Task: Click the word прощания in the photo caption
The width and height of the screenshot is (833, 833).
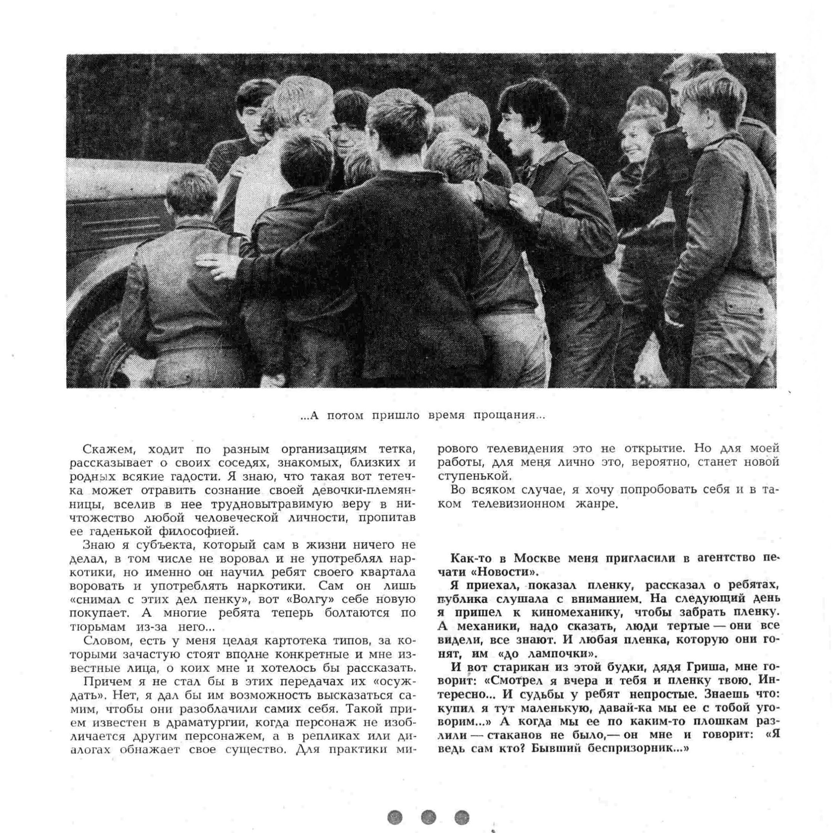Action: coord(509,416)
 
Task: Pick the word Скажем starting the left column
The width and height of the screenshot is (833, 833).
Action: coord(109,449)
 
